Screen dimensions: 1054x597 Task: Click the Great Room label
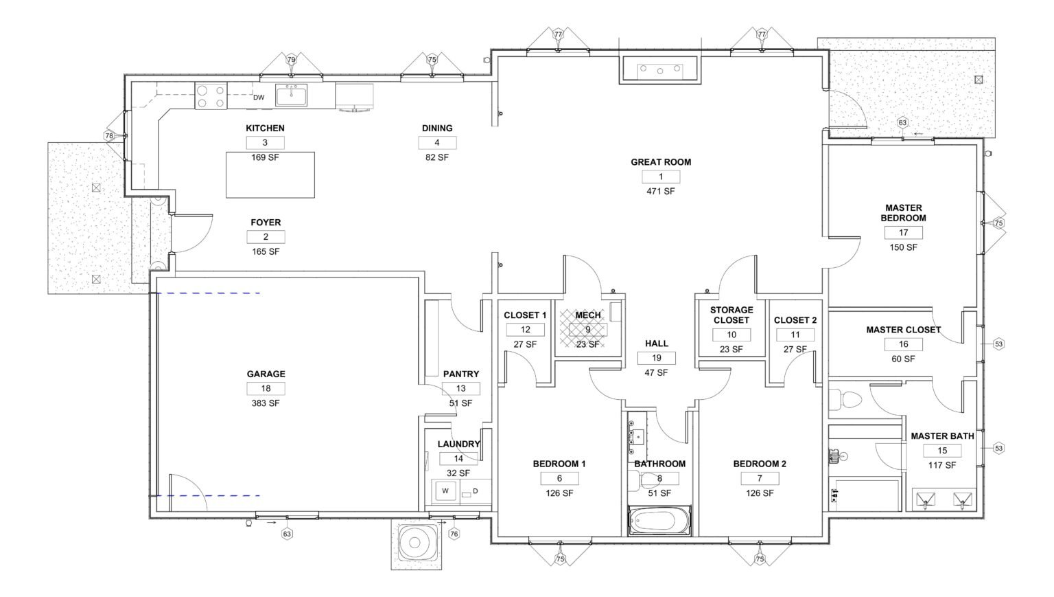[661, 162]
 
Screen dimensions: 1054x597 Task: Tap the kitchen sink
[291, 95]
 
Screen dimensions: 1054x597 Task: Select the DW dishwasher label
[259, 98]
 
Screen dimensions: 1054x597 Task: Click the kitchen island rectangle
[270, 174]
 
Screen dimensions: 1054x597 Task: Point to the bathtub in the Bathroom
[659, 521]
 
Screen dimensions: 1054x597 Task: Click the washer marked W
[445, 491]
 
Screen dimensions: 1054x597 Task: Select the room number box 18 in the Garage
[266, 389]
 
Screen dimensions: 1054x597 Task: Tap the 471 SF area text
[661, 191]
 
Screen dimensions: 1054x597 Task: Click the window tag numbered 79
[291, 59]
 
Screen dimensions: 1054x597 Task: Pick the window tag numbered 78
[109, 136]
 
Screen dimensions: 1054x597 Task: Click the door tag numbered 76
[454, 534]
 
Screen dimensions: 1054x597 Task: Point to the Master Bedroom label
[904, 213]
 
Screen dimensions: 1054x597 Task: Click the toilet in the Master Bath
[845, 400]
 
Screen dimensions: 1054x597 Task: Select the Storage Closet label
[731, 315]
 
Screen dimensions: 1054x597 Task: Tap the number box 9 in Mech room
[587, 330]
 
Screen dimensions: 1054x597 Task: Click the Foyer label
[266, 223]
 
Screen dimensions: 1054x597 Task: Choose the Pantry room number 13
[460, 389]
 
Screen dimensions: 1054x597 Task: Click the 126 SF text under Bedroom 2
[760, 493]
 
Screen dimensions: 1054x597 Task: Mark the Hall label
[657, 343]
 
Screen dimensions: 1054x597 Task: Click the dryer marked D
[476, 491]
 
